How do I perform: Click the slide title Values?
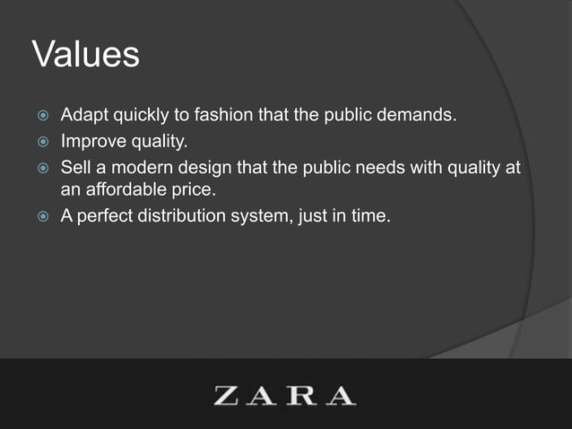coord(86,55)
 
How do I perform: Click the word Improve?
coord(91,142)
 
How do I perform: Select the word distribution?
coord(186,215)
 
